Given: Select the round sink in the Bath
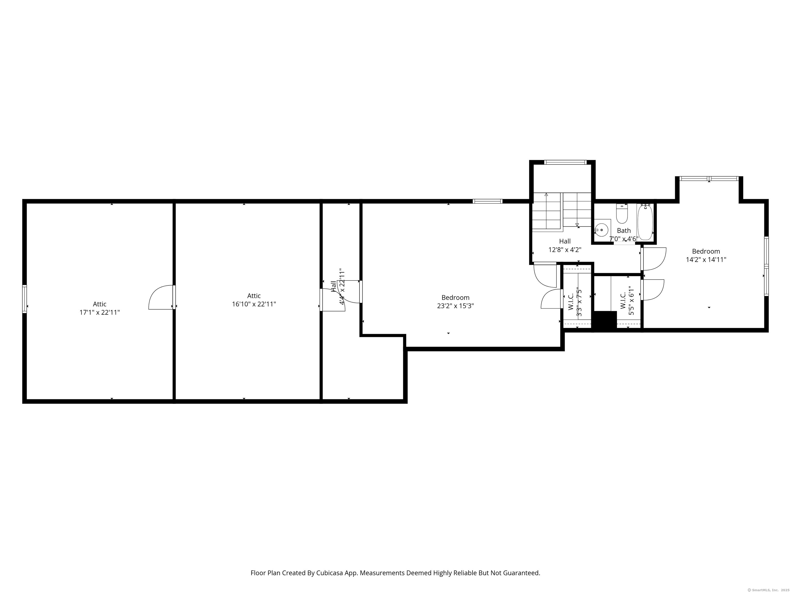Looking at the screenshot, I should (602, 230).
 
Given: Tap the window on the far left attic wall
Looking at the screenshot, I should (24, 299).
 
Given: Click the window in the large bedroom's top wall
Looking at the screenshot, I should (487, 201).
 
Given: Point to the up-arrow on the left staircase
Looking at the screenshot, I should (546, 195).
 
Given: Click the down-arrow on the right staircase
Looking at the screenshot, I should (577, 224).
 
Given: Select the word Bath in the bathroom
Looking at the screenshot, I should (624, 231).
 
